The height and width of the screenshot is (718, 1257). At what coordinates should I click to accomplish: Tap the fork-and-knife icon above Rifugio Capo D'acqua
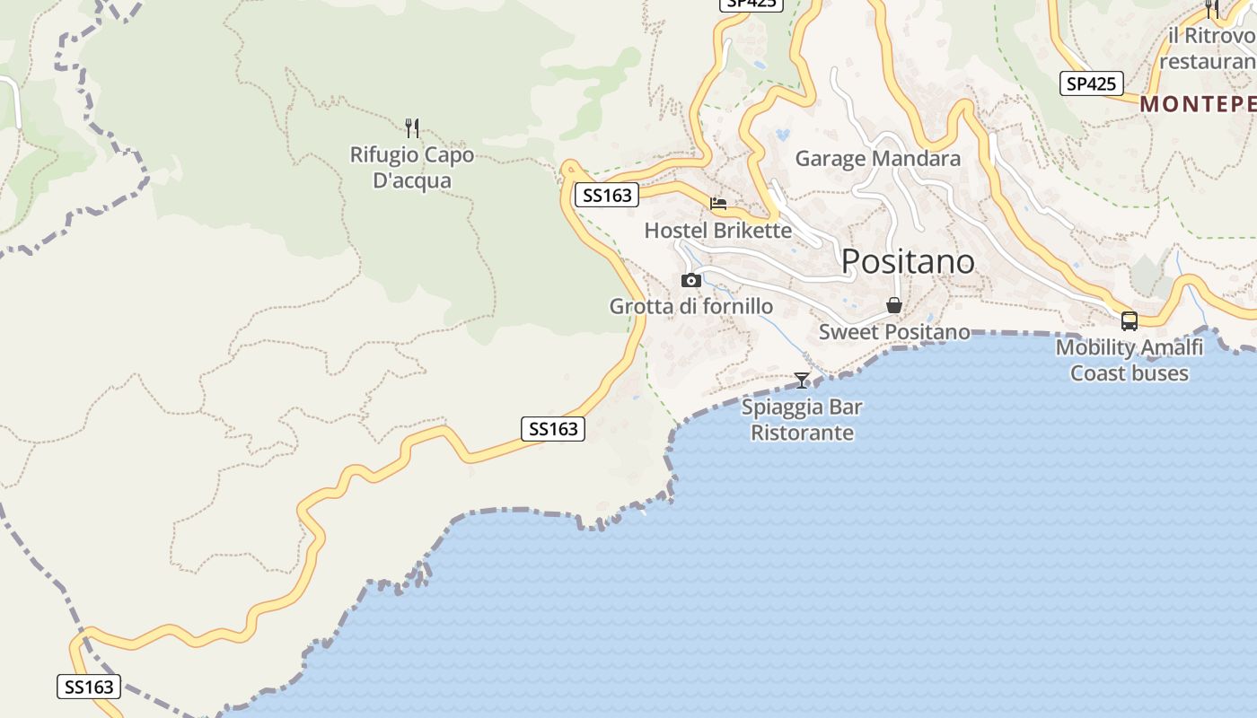(412, 127)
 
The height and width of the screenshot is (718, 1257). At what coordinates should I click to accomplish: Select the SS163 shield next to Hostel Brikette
(607, 195)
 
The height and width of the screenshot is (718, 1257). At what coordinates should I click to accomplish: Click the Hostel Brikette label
(718, 231)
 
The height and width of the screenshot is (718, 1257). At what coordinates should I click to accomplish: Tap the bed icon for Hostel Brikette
(718, 204)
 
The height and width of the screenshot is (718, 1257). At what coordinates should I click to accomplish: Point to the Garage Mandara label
(878, 159)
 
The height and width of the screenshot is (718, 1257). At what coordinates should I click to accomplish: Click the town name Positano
(908, 261)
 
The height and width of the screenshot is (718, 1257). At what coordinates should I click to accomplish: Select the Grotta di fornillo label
(691, 307)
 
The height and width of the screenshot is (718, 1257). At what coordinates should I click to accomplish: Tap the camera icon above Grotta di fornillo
(690, 280)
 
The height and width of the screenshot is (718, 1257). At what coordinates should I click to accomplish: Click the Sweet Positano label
(894, 332)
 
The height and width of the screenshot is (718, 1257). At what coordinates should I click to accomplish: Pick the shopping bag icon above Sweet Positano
(894, 305)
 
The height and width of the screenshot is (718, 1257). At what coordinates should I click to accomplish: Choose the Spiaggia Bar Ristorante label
(802, 420)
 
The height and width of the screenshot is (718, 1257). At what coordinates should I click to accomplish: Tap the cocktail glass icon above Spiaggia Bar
(802, 381)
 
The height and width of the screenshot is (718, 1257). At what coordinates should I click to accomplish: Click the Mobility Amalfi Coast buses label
(1129, 361)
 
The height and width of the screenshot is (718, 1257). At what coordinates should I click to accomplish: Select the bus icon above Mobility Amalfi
(1130, 320)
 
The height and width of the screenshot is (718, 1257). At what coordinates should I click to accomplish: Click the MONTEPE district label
(1198, 104)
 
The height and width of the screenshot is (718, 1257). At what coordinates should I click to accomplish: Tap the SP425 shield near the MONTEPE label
(1091, 84)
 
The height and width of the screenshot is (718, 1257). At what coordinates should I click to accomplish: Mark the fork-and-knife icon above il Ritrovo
(1212, 9)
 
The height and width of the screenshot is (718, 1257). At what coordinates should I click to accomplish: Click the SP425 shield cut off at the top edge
(752, 4)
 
